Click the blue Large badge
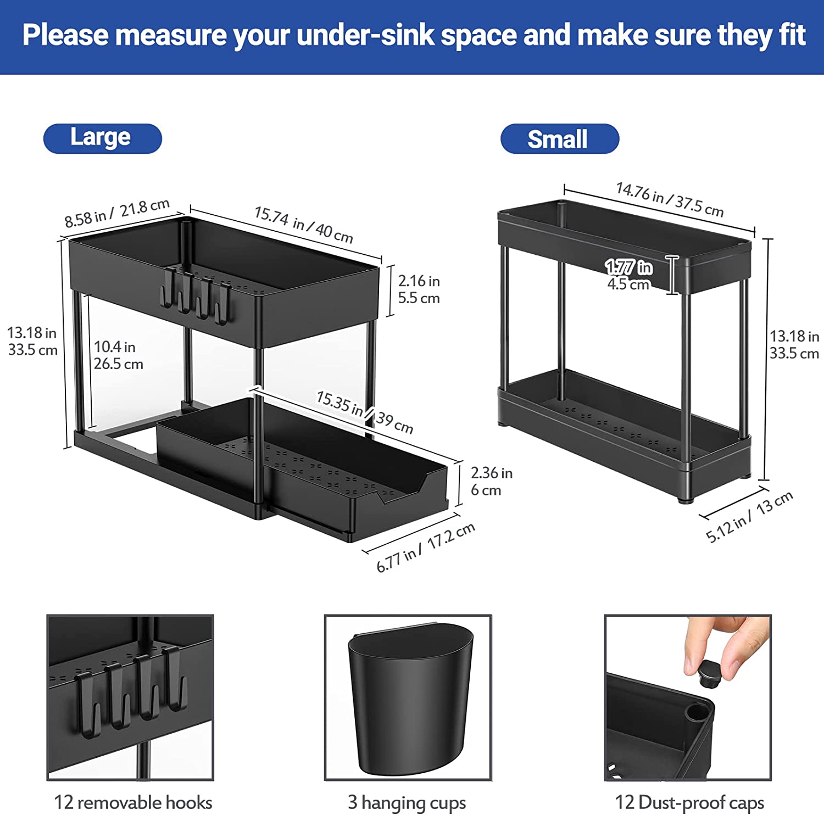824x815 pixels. point(103,138)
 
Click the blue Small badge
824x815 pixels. point(560,139)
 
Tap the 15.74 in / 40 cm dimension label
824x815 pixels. point(304,224)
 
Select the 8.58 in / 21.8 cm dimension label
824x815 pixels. point(117,213)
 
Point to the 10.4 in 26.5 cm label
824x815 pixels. point(118,355)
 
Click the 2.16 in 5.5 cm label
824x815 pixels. point(419,289)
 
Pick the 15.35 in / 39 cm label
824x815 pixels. point(365,412)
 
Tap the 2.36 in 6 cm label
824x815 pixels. point(491,481)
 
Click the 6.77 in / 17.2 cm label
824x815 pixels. point(425,547)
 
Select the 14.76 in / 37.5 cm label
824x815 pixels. point(670,199)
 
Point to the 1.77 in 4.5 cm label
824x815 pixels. point(629,275)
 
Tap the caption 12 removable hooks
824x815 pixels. point(133,802)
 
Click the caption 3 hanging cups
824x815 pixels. point(407,802)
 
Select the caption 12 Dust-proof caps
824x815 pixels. point(689,802)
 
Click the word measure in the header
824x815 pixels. point(171,35)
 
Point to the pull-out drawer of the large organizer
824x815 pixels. point(303,467)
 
